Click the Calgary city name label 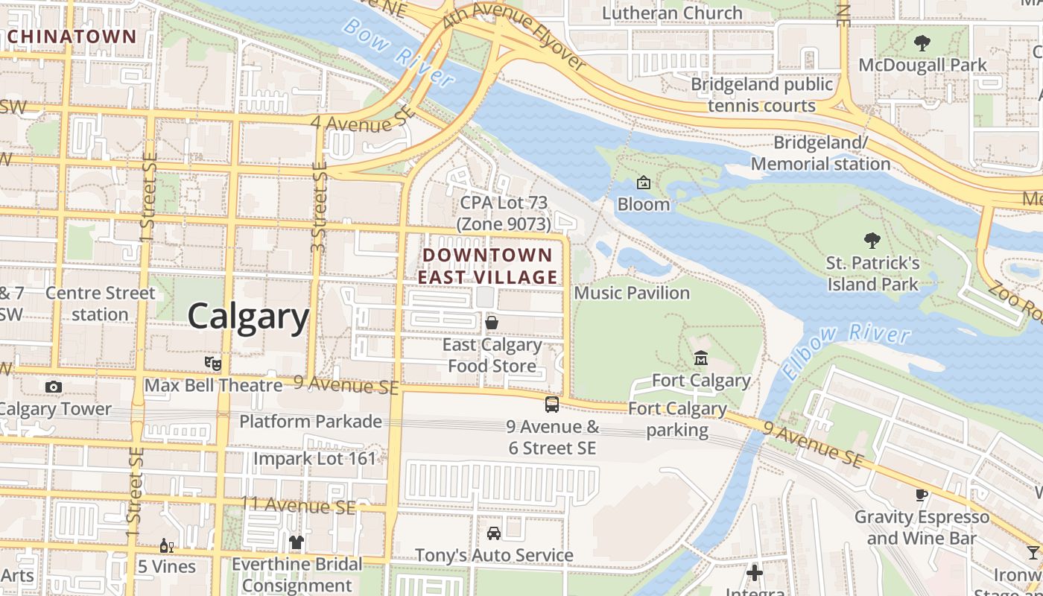click(x=247, y=317)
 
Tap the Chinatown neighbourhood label click(x=72, y=37)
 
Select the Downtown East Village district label click(x=487, y=266)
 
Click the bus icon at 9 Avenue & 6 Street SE click(x=551, y=405)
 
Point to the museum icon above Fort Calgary click(x=700, y=359)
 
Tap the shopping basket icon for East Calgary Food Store click(x=492, y=323)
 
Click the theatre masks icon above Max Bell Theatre click(x=213, y=364)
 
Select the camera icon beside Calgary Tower click(x=53, y=387)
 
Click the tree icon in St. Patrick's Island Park click(x=872, y=241)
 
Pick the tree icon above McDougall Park click(x=922, y=43)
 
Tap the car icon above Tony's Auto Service click(x=493, y=533)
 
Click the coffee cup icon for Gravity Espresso click(x=922, y=495)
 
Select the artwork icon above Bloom click(x=643, y=183)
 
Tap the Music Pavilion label click(x=632, y=293)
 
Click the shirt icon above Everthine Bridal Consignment click(x=297, y=542)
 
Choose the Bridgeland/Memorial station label click(x=820, y=153)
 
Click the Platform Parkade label click(x=310, y=422)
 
